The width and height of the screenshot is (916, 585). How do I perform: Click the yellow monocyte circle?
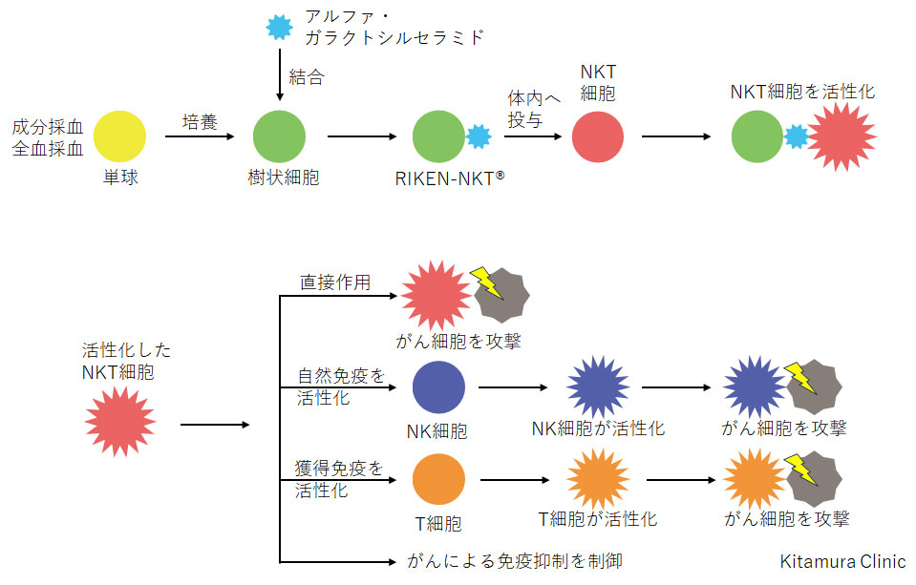point(120,136)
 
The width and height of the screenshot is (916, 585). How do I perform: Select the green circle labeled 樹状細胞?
point(279,136)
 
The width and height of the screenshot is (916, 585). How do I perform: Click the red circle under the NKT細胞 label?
point(598,136)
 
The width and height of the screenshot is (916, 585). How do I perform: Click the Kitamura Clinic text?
point(842,562)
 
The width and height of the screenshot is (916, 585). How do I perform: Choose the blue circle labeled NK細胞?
point(438,387)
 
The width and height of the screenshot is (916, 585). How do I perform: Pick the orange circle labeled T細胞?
point(438,480)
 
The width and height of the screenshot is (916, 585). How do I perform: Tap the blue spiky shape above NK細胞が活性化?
point(599,387)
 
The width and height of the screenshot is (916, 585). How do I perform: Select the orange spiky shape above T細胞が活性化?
point(599,480)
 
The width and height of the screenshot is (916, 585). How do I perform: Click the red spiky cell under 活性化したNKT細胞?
point(120,422)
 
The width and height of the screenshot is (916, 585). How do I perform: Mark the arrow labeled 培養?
point(200,136)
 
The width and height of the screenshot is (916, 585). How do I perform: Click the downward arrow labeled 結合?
point(279,81)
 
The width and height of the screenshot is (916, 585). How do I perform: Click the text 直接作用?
point(335,282)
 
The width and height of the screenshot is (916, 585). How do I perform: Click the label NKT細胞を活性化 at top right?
point(802,93)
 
